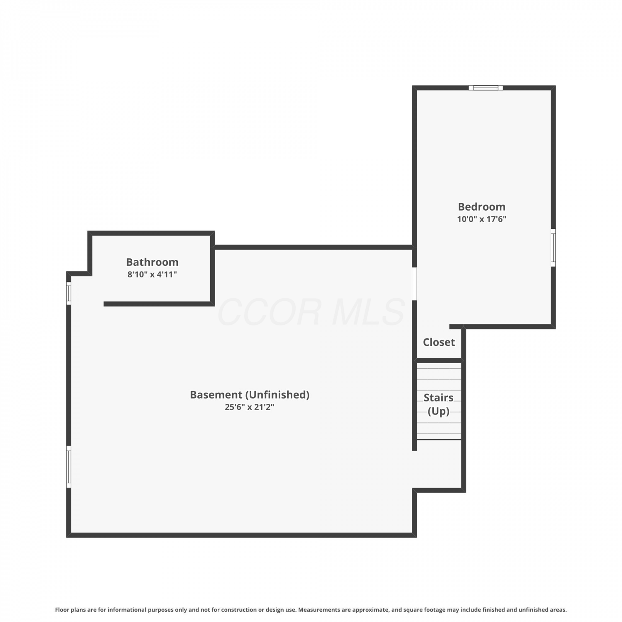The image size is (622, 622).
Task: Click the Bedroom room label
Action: pyautogui.click(x=481, y=207)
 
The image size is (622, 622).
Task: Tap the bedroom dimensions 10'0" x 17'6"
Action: pyautogui.click(x=482, y=219)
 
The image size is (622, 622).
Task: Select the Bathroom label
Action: pyautogui.click(x=152, y=262)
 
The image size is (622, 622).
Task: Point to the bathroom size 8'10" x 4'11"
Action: pyautogui.click(x=152, y=274)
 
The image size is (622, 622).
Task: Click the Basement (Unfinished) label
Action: pyautogui.click(x=250, y=395)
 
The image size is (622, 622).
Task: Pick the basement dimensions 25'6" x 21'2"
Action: pyautogui.click(x=250, y=407)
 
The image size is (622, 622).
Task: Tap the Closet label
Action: pyautogui.click(x=439, y=342)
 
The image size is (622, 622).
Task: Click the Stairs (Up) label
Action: pyautogui.click(x=438, y=404)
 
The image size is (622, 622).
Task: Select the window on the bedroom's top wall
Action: pyautogui.click(x=486, y=87)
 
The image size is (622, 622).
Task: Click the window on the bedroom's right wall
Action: pyautogui.click(x=553, y=248)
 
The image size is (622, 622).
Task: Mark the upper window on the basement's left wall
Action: pyautogui.click(x=69, y=293)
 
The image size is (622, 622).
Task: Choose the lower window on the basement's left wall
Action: pyautogui.click(x=69, y=467)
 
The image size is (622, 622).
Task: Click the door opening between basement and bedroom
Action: pyautogui.click(x=414, y=284)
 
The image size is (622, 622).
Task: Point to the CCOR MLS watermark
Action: pyautogui.click(x=311, y=312)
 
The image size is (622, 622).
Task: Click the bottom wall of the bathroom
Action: pyautogui.click(x=159, y=304)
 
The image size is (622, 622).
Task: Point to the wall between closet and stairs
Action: pyautogui.click(x=439, y=361)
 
